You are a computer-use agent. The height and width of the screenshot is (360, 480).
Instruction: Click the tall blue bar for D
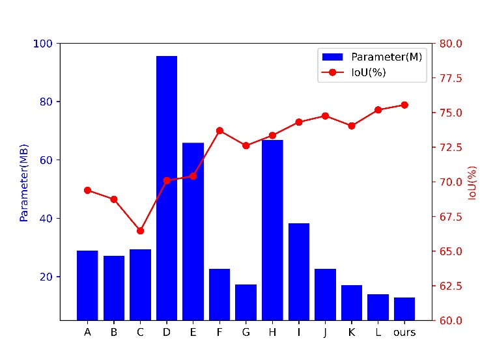pos(167,188)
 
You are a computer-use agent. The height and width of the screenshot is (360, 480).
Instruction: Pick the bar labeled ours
pos(404,309)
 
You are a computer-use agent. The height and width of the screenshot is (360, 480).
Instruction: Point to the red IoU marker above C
pos(140,230)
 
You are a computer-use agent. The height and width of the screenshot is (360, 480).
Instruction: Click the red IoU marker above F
pos(219,131)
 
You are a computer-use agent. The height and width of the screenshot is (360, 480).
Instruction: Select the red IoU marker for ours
pos(404,105)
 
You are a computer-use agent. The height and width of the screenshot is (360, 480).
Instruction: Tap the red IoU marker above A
pos(87,190)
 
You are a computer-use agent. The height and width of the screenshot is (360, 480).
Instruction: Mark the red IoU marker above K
pos(352,126)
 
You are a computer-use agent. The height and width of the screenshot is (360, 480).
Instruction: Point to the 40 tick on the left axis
pos(48,218)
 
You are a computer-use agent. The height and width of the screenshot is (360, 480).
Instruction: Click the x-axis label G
pos(246,332)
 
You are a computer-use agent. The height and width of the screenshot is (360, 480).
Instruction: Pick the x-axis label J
pos(325,332)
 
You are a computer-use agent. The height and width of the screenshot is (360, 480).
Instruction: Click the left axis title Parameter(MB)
pos(24,182)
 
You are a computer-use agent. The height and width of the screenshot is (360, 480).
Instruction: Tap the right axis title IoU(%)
pos(472,182)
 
